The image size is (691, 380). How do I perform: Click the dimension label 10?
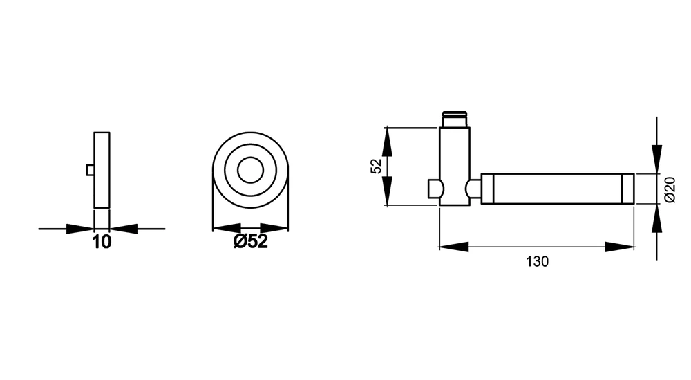click(x=102, y=242)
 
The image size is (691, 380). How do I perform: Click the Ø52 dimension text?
click(x=250, y=242)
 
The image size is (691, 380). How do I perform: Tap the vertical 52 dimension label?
click(x=376, y=167)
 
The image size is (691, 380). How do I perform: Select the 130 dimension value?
click(x=537, y=261)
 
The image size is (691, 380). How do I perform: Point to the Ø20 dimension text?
click(x=669, y=189)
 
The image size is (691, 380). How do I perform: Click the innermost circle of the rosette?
click(x=250, y=170)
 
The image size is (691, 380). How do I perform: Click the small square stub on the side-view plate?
click(x=91, y=170)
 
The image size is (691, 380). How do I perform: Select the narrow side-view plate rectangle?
click(x=102, y=170)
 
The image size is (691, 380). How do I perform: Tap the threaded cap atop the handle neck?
click(x=455, y=119)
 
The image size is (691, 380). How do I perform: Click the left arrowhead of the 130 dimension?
click(x=454, y=247)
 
